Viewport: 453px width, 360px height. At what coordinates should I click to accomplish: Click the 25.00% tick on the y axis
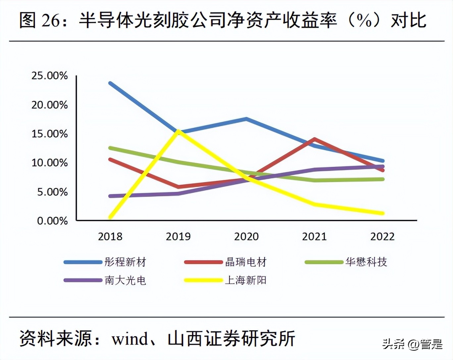tap(50, 76)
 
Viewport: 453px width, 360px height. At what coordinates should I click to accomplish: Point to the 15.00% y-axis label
tap(50, 134)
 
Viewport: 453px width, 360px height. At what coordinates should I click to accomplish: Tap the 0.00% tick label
tap(52, 221)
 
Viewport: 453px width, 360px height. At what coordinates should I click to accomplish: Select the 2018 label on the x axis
tap(110, 237)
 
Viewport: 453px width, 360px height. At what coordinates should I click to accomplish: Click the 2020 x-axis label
tap(246, 237)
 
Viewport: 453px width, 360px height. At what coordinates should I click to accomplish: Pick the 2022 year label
tap(382, 237)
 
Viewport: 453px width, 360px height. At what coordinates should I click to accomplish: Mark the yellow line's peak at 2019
tap(178, 131)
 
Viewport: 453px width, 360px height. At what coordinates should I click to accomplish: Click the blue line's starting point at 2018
tap(110, 83)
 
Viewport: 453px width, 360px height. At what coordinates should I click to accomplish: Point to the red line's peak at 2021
tap(314, 139)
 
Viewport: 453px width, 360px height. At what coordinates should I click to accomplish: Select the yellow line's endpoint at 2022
tap(382, 213)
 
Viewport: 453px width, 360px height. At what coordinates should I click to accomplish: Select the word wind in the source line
tap(130, 339)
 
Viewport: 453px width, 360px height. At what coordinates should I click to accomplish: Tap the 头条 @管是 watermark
tap(412, 344)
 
